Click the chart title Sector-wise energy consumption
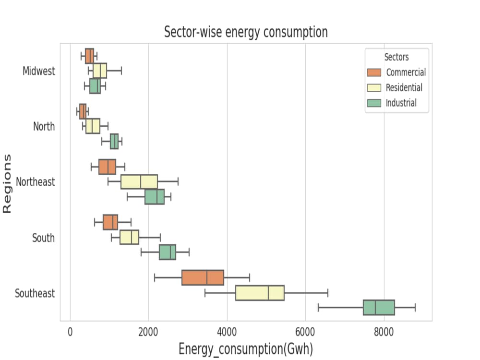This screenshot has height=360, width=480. (x=246, y=32)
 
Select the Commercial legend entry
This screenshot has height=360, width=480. (x=406, y=72)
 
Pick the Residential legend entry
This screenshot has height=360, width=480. (x=404, y=88)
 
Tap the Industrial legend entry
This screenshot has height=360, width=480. (x=401, y=103)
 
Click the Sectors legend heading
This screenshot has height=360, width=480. (x=396, y=57)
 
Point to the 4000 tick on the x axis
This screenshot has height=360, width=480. (x=227, y=331)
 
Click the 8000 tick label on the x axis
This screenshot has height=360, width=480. (x=384, y=331)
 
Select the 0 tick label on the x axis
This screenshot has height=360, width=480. (x=71, y=331)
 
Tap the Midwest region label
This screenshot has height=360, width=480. (x=39, y=71)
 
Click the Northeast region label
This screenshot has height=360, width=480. (x=36, y=182)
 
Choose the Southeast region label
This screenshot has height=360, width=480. (x=35, y=293)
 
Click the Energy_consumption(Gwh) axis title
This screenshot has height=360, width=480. (x=246, y=348)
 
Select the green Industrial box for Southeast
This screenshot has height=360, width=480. (x=379, y=308)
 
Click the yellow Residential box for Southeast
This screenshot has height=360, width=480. (x=260, y=293)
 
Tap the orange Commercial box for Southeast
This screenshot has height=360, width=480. (x=203, y=278)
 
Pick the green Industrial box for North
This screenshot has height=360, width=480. (x=114, y=142)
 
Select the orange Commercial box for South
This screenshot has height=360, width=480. (x=110, y=222)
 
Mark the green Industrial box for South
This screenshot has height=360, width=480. (x=168, y=252)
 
